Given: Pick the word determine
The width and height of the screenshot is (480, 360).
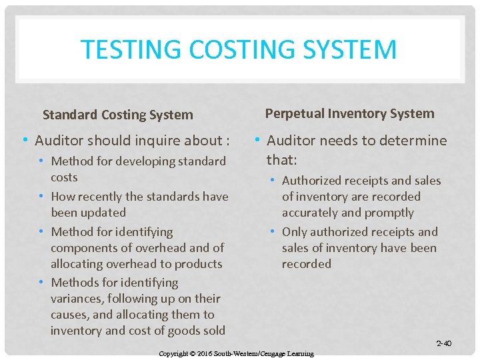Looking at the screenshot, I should pyautogui.click(x=415, y=141).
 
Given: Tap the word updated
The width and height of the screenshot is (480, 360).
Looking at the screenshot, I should pyautogui.click(x=103, y=213).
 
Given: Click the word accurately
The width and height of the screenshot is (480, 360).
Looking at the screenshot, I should pyautogui.click(x=310, y=213).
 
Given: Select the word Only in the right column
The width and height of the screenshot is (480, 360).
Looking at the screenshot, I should pyautogui.click(x=295, y=232).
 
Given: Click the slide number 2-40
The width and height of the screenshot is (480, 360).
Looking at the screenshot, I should pyautogui.click(x=443, y=344).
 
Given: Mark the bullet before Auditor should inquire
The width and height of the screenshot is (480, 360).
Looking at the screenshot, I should pyautogui.click(x=25, y=140).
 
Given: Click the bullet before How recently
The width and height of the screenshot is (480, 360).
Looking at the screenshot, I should pyautogui.click(x=42, y=197).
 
